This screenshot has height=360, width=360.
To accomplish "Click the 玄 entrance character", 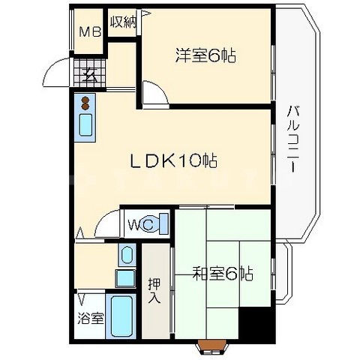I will pyautogui.click(x=88, y=75).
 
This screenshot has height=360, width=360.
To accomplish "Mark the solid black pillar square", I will pyautogui.click(x=253, y=325).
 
